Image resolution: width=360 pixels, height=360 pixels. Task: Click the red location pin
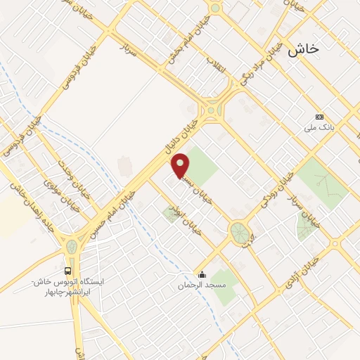click(x=181, y=165)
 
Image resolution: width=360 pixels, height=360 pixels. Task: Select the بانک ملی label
click(x=317, y=129)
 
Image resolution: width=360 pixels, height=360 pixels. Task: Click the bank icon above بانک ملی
click(x=320, y=117)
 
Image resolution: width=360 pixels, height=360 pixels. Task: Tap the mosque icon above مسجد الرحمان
click(x=202, y=275)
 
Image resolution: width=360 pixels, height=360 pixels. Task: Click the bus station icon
click(x=67, y=271)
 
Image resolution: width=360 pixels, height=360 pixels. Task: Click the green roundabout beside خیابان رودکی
click(x=240, y=232)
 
